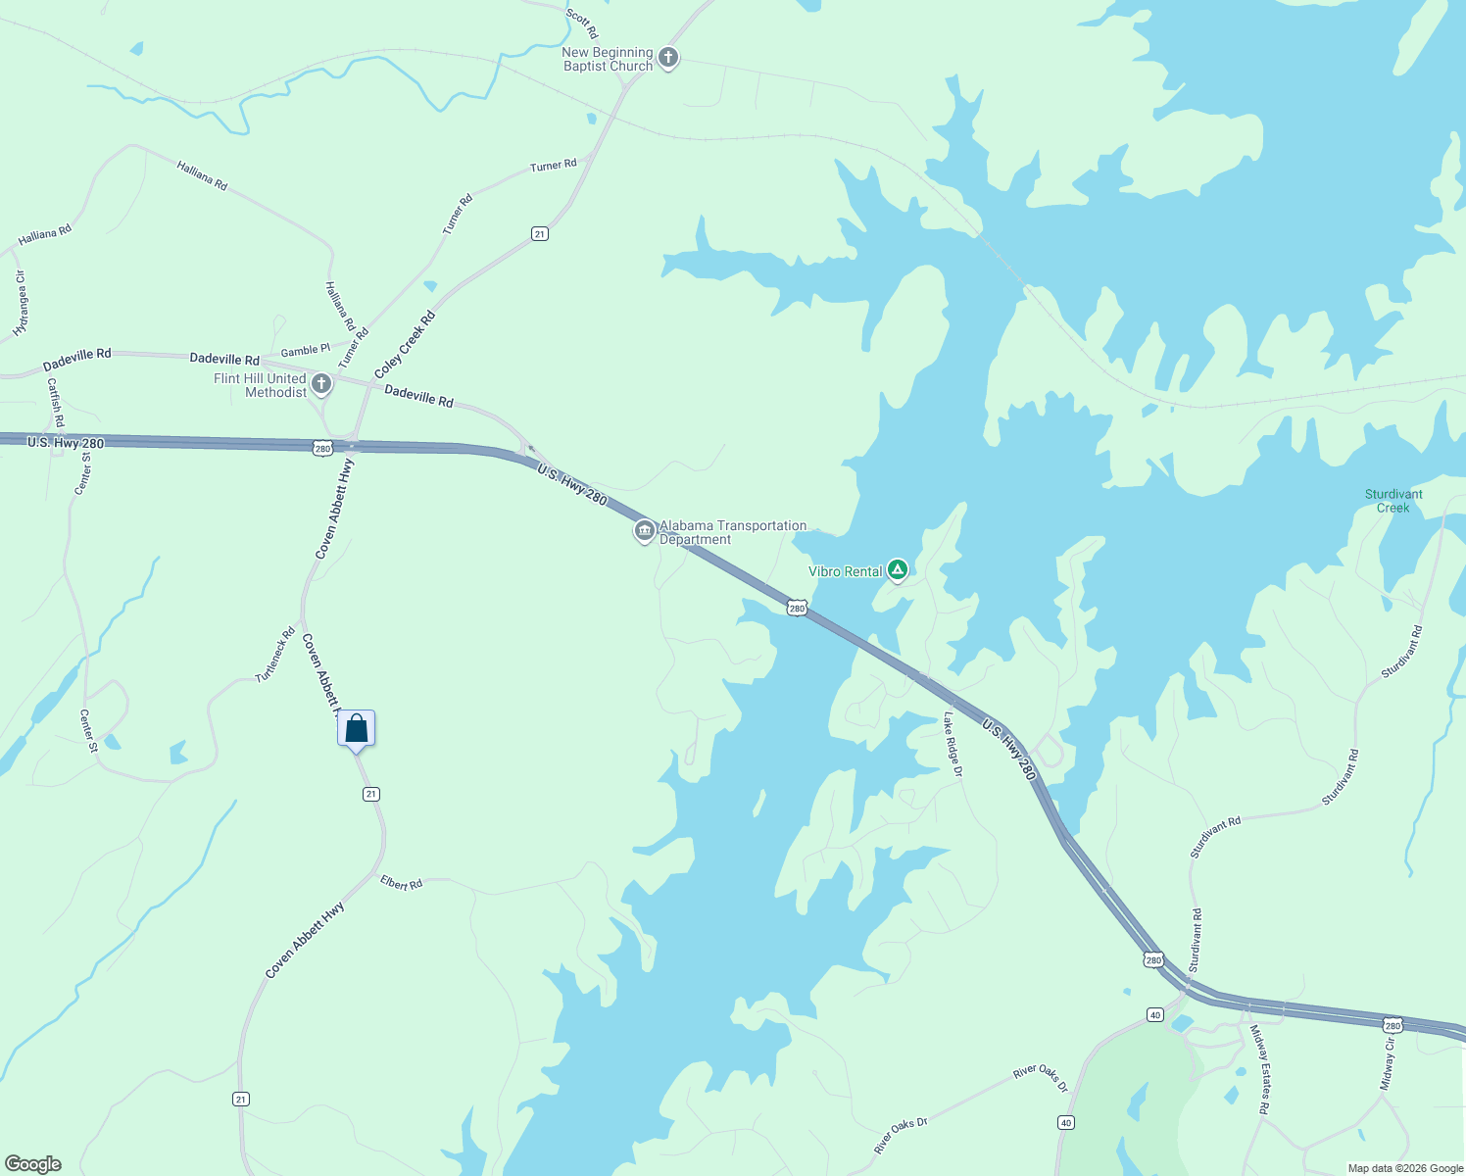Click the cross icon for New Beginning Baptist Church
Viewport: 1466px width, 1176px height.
tap(668, 58)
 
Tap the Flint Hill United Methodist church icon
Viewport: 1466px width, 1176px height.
tap(321, 383)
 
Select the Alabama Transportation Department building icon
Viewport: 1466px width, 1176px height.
tap(644, 531)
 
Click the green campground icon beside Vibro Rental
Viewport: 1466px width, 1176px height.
tap(897, 569)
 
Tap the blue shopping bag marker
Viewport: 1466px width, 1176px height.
tap(357, 729)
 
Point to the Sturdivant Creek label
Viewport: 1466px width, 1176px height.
tap(1393, 501)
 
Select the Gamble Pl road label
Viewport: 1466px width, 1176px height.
tap(306, 350)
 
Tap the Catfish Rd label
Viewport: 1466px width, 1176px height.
tap(56, 403)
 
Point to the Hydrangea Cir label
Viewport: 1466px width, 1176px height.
tap(21, 305)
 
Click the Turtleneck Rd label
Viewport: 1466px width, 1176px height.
tap(275, 655)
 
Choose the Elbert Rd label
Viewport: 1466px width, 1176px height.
tap(402, 883)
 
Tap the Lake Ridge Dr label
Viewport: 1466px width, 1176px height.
tap(953, 744)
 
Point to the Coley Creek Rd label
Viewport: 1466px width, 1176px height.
tap(405, 345)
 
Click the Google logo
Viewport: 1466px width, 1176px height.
tap(33, 1164)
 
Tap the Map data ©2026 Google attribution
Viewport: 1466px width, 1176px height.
tap(1405, 1168)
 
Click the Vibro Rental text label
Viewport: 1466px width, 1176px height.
tap(846, 571)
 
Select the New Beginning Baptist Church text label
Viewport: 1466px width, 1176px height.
tap(608, 59)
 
